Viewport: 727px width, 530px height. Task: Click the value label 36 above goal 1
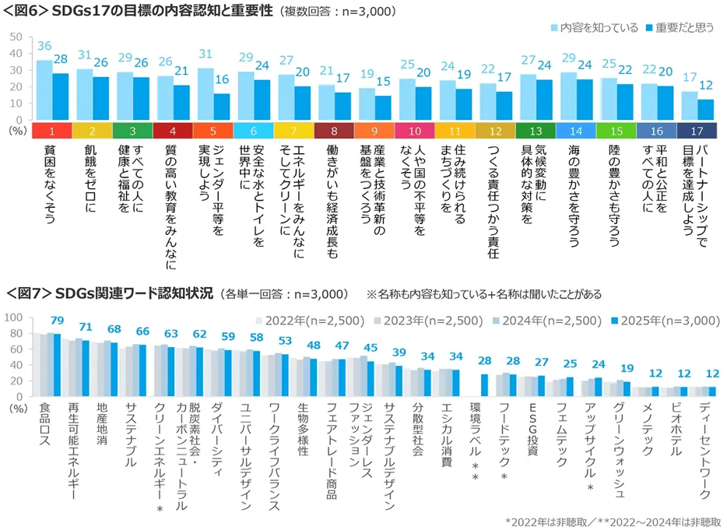(44, 46)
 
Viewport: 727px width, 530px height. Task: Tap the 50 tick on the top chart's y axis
(16, 37)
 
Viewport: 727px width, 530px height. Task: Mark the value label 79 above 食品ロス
(56, 321)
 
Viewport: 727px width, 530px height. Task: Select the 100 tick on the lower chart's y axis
(13, 318)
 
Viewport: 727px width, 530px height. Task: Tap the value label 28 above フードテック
(512, 361)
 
